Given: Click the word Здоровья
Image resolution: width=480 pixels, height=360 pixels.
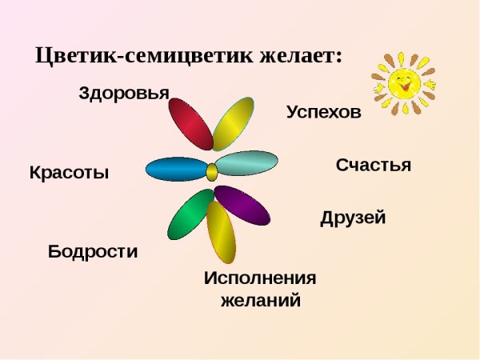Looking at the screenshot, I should coord(124,93).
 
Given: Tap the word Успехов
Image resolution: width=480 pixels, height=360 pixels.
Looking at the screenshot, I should coord(324,113).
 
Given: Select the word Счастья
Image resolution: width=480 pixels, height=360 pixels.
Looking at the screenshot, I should coord(374,166).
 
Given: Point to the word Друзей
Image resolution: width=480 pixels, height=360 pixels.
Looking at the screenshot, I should coord(353,218).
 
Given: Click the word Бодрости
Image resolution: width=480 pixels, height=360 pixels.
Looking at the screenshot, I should coord(93,251).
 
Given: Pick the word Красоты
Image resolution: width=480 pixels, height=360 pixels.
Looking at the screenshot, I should coord(69,173).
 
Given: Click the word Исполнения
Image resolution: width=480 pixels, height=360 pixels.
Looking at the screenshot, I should coord(260,278).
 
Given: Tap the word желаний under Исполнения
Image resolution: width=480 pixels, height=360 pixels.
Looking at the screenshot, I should coord(261,302).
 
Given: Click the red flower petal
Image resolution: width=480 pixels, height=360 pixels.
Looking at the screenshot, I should coord(190,123).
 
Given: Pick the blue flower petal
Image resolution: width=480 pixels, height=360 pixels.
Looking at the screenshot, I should coord(177,169).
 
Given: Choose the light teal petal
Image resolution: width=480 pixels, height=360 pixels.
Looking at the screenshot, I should coord(246,163).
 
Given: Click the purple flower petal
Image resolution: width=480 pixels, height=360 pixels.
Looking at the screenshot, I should coord(242,205).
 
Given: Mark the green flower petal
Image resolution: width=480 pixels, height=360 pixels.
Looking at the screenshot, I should coord(190,214).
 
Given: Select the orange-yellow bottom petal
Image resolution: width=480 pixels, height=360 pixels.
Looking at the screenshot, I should coord(222,233).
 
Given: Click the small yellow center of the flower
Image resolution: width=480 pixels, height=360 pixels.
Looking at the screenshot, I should coord(212,171).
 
